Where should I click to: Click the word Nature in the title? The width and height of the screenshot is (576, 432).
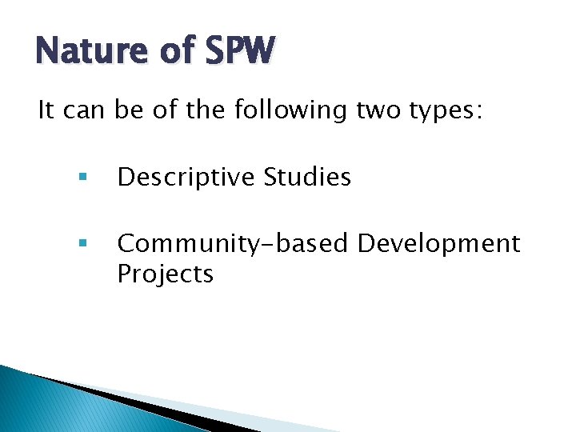click(87, 52)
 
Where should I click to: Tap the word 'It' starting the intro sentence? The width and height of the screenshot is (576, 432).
click(47, 110)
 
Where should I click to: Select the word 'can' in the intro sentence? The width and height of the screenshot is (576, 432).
click(84, 110)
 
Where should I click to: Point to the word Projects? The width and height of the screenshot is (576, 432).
click(166, 274)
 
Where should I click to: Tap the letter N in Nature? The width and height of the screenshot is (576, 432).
click(46, 52)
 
